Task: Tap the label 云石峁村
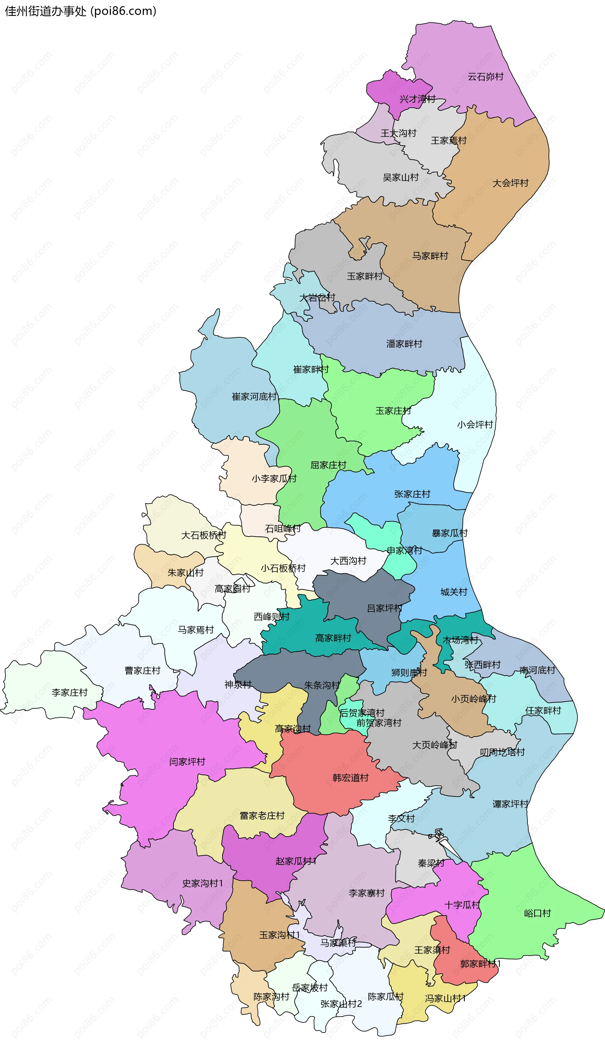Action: pyautogui.click(x=485, y=77)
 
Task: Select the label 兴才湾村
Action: pyautogui.click(x=417, y=99)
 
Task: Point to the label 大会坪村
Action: pyautogui.click(x=510, y=183)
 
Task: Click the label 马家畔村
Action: pyautogui.click(x=430, y=256)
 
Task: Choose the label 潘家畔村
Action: pyautogui.click(x=404, y=344)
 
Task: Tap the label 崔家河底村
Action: pyautogui.click(x=254, y=397)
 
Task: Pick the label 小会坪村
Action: pyautogui.click(x=475, y=425)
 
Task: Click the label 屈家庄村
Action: pyautogui.click(x=328, y=465)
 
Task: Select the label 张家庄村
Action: pyautogui.click(x=412, y=494)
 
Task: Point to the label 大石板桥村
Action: pyautogui.click(x=204, y=535)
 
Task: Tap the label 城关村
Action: pyautogui.click(x=454, y=592)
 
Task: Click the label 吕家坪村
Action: pyautogui.click(x=384, y=608)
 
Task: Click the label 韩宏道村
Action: pyautogui.click(x=350, y=778)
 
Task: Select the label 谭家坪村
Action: pyautogui.click(x=510, y=804)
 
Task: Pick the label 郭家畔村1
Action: pyautogui.click(x=480, y=964)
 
